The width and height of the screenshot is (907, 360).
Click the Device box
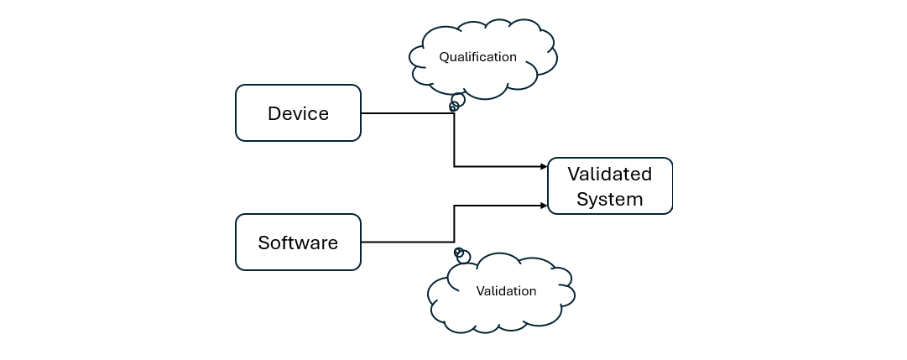(x=298, y=112)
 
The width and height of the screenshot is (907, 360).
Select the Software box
(x=298, y=243)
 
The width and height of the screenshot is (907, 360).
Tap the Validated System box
(x=610, y=186)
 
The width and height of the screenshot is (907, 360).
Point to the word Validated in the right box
(x=610, y=175)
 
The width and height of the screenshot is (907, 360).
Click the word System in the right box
(x=610, y=200)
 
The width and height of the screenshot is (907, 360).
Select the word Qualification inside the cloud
(x=478, y=57)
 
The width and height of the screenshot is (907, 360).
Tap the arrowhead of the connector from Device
(x=544, y=166)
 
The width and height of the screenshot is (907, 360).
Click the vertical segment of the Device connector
(x=455, y=143)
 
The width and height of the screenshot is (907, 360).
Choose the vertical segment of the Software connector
(x=455, y=223)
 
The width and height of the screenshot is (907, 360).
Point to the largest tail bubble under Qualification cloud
(x=458, y=100)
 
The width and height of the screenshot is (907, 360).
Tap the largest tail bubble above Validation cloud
(x=464, y=258)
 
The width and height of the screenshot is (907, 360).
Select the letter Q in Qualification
(x=444, y=57)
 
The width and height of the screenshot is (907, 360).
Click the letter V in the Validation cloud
(x=480, y=291)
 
